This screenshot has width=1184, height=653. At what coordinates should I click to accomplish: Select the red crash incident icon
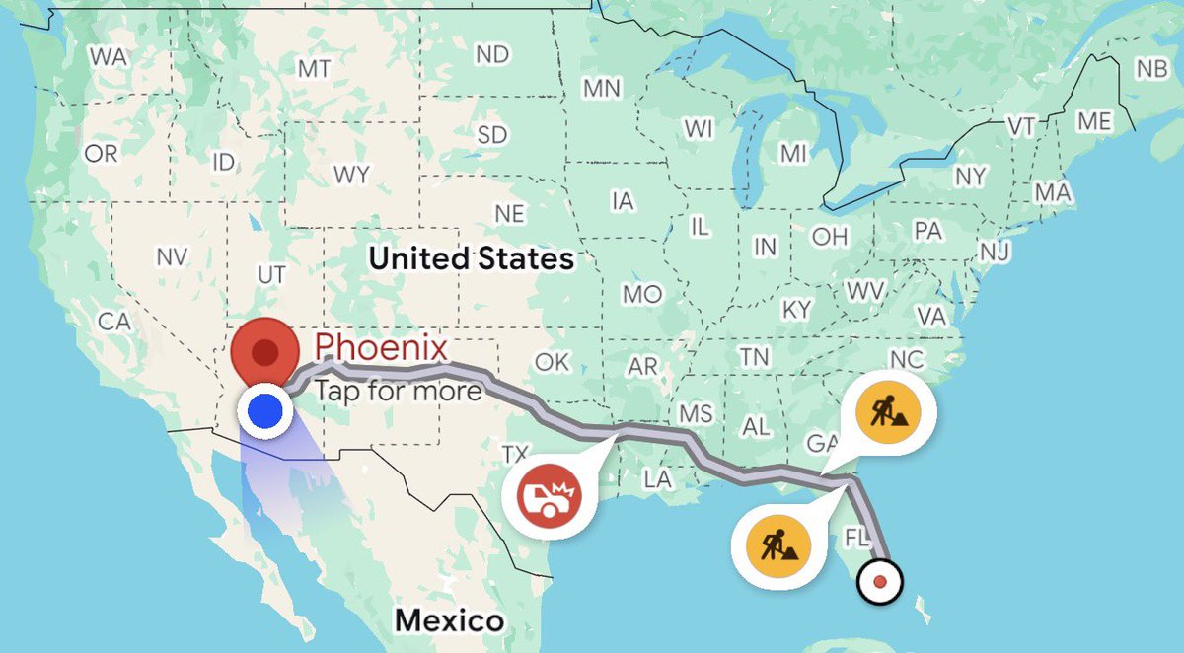point(549,491)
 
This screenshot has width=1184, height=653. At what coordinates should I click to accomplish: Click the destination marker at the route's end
point(880,581)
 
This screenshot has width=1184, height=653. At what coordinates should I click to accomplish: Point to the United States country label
point(471,259)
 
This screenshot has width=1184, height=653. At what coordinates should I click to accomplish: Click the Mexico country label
point(449,620)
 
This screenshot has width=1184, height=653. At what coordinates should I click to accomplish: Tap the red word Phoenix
point(381,347)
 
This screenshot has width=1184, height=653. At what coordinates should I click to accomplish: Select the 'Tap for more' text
point(399,391)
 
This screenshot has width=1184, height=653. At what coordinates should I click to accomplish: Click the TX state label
point(515,455)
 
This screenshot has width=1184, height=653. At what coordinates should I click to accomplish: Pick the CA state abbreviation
point(114,322)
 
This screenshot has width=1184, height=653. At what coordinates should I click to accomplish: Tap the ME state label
point(1093,121)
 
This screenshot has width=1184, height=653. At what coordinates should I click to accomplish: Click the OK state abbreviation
point(552,362)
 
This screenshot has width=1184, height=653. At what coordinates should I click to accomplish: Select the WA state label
point(108,57)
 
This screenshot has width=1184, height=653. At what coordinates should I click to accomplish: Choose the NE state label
point(509,214)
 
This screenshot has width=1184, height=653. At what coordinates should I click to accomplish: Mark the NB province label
point(1150,69)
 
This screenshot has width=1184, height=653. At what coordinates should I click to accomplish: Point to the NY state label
point(971,177)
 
